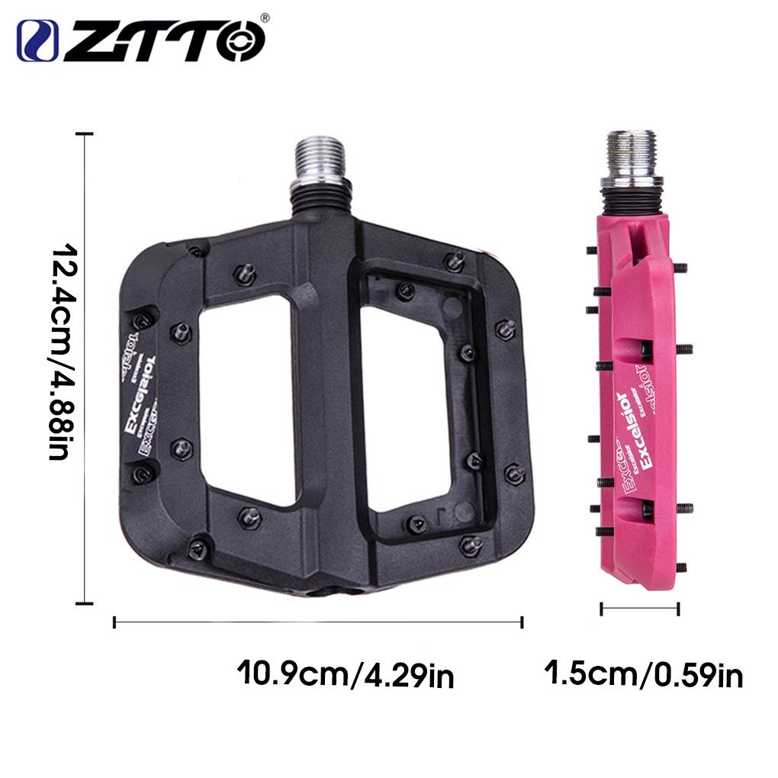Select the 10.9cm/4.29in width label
(346, 674)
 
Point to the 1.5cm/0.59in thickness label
(643, 674)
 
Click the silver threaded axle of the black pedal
(320, 160)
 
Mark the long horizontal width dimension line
(317, 622)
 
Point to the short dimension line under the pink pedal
(639, 609)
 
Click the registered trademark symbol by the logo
(265, 18)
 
